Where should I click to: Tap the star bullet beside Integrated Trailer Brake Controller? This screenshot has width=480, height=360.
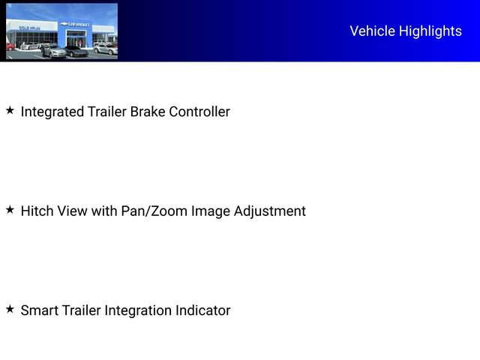(x=10, y=110)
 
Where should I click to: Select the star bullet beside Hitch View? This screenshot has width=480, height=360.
(x=10, y=210)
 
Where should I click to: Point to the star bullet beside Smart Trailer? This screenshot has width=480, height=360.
(x=10, y=309)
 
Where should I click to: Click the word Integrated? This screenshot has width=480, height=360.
(x=52, y=112)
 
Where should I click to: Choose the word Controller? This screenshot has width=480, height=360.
(x=199, y=112)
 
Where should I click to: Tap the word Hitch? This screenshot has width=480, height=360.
(x=37, y=211)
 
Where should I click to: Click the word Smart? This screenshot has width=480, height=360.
(x=39, y=310)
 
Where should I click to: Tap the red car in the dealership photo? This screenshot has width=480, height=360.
(x=10, y=47)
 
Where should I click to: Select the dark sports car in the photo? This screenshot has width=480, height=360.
(x=76, y=52)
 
